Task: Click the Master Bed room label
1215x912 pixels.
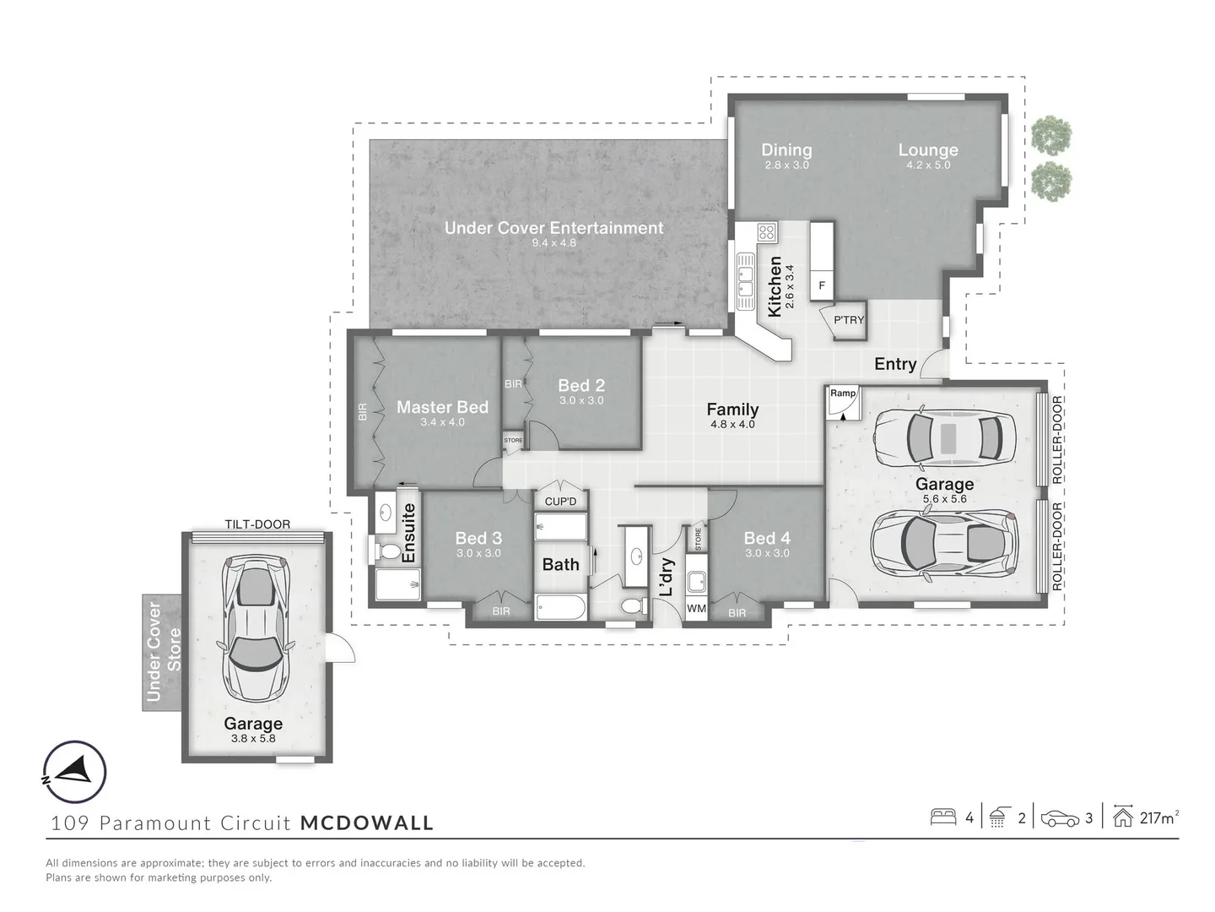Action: pos(442,407)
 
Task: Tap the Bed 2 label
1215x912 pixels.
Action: pos(581,385)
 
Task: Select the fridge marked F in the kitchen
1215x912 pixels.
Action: pos(822,286)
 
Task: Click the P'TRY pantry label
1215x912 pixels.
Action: pos(849,320)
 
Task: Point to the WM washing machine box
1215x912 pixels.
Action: pos(696,608)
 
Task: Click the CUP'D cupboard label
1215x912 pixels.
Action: pos(560,502)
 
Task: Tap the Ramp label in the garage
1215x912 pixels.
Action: pos(843,394)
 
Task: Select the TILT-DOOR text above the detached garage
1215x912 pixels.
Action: pos(257,524)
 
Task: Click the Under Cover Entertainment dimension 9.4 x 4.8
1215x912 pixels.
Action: pos(553,243)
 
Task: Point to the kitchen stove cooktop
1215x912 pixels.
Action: pos(767,232)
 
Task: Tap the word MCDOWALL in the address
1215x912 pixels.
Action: pos(367,822)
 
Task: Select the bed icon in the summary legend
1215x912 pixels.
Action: pos(942,817)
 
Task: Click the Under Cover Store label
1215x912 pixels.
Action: pos(163,650)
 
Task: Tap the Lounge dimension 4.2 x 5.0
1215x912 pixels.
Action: pos(928,166)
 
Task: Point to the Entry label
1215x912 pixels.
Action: pos(895,364)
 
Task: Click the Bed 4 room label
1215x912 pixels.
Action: pos(766,538)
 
